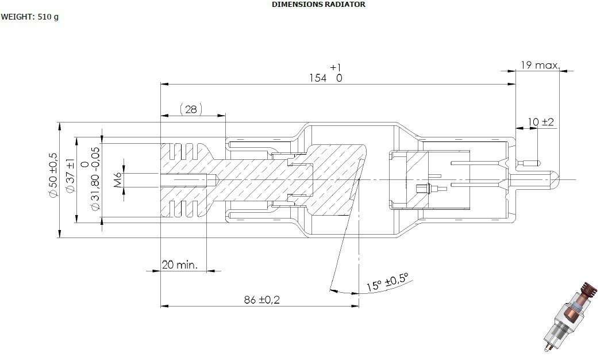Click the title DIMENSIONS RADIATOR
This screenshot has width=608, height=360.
point(318,5)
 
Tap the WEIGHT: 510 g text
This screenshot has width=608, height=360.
point(29,17)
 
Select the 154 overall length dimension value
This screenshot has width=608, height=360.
point(318,78)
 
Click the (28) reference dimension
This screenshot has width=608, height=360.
point(191,109)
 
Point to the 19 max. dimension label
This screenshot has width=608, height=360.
point(540,65)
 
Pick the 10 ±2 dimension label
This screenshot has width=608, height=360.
point(541,122)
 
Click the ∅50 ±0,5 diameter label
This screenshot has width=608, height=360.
point(53,175)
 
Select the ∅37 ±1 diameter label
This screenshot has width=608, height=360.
point(70,175)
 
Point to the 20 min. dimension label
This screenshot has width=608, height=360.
point(179,265)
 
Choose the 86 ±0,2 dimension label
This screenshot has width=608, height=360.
point(261,300)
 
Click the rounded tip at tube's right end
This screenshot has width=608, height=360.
point(557,179)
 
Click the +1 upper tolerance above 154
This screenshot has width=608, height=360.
point(336,67)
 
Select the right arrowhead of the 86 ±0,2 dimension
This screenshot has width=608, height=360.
point(355,306)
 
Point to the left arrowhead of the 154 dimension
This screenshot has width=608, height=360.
point(164,84)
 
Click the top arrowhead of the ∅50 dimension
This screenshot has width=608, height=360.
point(60,127)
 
